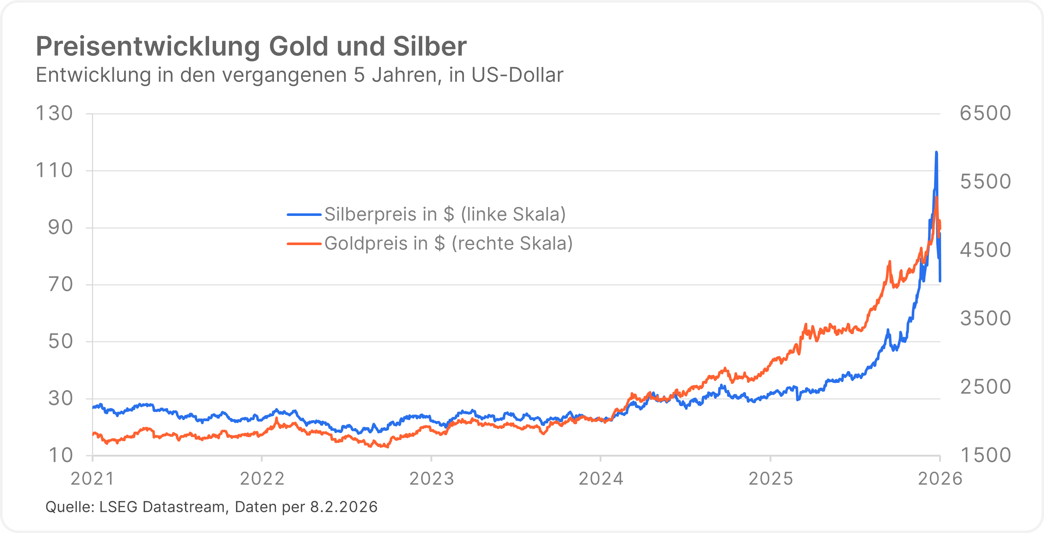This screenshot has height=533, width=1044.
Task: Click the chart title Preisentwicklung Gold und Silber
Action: [251, 46]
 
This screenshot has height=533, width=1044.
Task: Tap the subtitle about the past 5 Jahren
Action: [300, 75]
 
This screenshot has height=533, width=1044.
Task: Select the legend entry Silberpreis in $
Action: [444, 214]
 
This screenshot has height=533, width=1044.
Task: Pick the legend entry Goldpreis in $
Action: [448, 243]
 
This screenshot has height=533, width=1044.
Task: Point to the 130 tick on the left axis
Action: [54, 113]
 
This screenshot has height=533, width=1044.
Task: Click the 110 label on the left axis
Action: [54, 171]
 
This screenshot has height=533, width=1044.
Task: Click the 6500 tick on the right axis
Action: [985, 113]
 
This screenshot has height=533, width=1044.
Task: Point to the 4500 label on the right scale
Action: [985, 250]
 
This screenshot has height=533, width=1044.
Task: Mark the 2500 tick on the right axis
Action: [985, 387]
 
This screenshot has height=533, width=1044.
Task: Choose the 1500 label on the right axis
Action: [985, 455]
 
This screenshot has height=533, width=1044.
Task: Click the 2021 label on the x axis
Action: [92, 479]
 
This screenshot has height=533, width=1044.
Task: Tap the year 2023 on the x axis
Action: [431, 479]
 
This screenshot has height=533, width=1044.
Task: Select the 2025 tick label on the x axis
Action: [770, 479]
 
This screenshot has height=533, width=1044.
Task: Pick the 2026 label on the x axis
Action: [939, 479]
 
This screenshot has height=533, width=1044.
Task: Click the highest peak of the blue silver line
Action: [936, 153]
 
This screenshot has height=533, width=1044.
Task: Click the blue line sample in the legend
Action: [304, 214]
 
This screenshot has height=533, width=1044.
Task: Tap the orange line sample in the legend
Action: [304, 243]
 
